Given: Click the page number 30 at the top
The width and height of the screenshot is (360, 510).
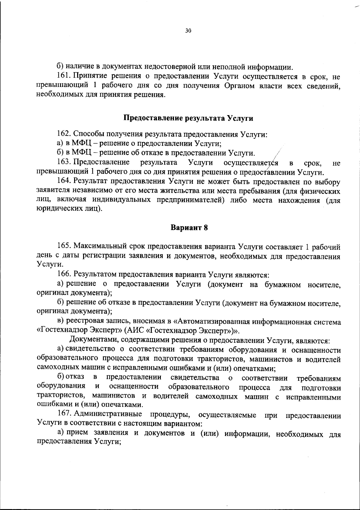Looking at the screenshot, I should [188, 31].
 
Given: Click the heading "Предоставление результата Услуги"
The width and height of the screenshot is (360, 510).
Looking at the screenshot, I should [189, 118].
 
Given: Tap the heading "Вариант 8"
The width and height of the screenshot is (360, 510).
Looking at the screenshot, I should [189, 228].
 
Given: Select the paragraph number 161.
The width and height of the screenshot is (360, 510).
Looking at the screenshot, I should [63, 76].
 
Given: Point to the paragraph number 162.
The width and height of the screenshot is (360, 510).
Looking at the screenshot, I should [63, 134].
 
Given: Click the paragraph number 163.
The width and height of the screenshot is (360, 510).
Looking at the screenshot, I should [63, 163].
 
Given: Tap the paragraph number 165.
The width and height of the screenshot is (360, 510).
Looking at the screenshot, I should [63, 247].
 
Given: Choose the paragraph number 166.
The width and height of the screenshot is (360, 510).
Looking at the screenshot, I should [63, 274].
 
